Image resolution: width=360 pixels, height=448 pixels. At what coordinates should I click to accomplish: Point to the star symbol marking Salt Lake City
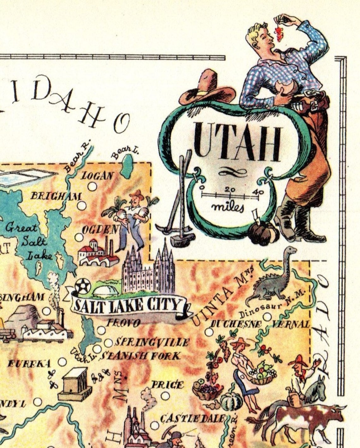pyautogui.click(x=83, y=286)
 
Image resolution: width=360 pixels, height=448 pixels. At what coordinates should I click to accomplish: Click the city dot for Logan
pyautogui.click(x=92, y=186)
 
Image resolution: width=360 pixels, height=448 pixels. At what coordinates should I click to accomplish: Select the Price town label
pyautogui.click(x=167, y=384)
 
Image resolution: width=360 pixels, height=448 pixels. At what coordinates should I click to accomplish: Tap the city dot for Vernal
pyautogui.click(x=267, y=316)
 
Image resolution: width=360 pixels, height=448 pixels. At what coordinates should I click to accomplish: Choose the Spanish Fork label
pyautogui.click(x=141, y=356)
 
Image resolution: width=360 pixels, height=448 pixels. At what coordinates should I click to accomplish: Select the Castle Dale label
pyautogui.click(x=193, y=419)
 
